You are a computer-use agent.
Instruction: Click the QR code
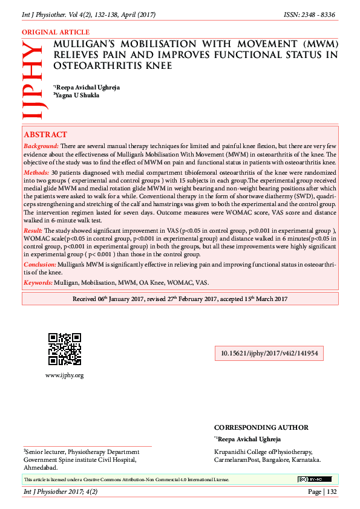tap(64, 349)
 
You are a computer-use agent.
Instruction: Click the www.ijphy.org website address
tap(64, 375)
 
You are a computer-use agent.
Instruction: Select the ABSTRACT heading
tap(45, 135)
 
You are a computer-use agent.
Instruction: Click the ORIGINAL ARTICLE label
tap(56, 32)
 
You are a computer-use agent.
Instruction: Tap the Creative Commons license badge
tap(314, 479)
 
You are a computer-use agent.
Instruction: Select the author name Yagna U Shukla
tap(77, 95)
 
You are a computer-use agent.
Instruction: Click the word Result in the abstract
tap(33, 231)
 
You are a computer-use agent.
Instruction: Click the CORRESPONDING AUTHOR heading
tap(261, 427)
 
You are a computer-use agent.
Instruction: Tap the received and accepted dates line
tap(180, 299)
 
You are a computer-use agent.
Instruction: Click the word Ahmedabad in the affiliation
tap(41, 467)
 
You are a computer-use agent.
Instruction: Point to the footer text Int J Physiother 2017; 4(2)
tap(60, 492)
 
